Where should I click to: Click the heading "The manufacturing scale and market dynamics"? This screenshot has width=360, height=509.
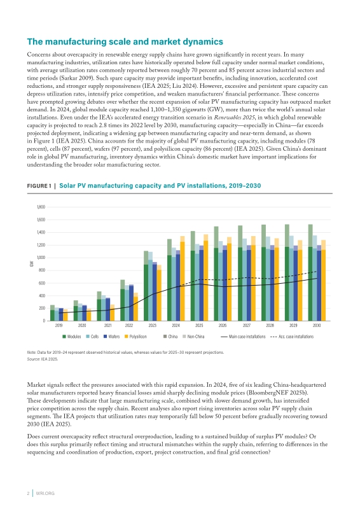pyautogui.click(x=125, y=41)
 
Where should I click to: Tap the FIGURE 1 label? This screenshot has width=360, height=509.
pyautogui.click(x=39, y=186)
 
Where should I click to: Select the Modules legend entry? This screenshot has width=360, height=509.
pyautogui.click(x=72, y=337)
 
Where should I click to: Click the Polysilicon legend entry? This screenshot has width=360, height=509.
pyautogui.click(x=135, y=337)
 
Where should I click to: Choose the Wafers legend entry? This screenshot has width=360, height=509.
pyautogui.click(x=112, y=337)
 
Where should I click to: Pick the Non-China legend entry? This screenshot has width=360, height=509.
pyautogui.click(x=193, y=337)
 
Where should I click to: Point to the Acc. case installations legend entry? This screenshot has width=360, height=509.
pyautogui.click(x=292, y=337)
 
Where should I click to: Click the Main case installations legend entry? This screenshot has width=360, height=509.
pyautogui.click(x=243, y=337)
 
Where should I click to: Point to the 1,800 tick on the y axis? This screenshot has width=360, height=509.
pyautogui.click(x=41, y=207)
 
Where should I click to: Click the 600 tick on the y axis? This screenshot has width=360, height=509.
pyautogui.click(x=42, y=283)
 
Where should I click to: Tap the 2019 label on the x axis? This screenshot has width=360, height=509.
pyautogui.click(x=59, y=325)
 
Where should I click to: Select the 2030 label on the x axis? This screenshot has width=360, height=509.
pyautogui.click(x=317, y=325)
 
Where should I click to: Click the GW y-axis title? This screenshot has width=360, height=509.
pyautogui.click(x=32, y=264)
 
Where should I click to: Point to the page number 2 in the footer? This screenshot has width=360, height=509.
pyautogui.click(x=28, y=494)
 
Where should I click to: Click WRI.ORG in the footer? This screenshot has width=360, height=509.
pyautogui.click(x=45, y=494)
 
